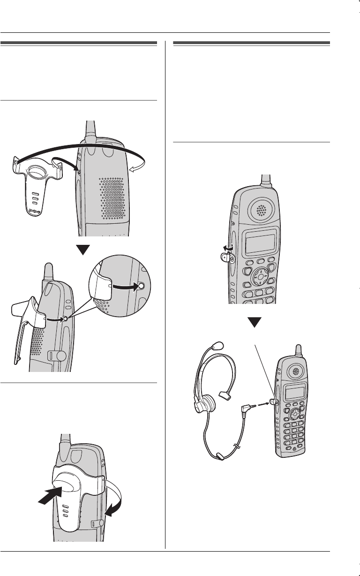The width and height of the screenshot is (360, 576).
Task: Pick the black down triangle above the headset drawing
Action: pyautogui.click(x=254, y=322)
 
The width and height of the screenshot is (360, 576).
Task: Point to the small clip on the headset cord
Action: pyautogui.click(x=219, y=455)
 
